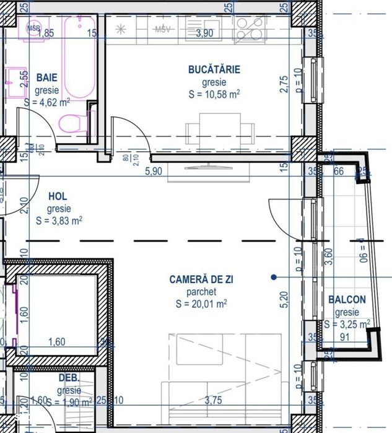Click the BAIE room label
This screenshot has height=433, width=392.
point(47,78)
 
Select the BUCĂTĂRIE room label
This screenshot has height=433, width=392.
point(214,69)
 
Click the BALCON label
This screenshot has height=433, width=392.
point(347,300)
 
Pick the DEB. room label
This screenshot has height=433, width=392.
point(68,378)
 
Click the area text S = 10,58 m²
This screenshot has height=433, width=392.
point(214,95)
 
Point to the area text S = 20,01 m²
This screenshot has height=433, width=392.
point(201,304)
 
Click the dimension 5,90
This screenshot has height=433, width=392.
point(153,172)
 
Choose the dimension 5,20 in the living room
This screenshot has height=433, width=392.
point(284,300)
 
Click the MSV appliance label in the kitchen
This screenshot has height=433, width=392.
point(163,29)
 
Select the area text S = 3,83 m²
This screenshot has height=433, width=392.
point(59,221)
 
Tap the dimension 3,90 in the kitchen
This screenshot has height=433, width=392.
point(204,33)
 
